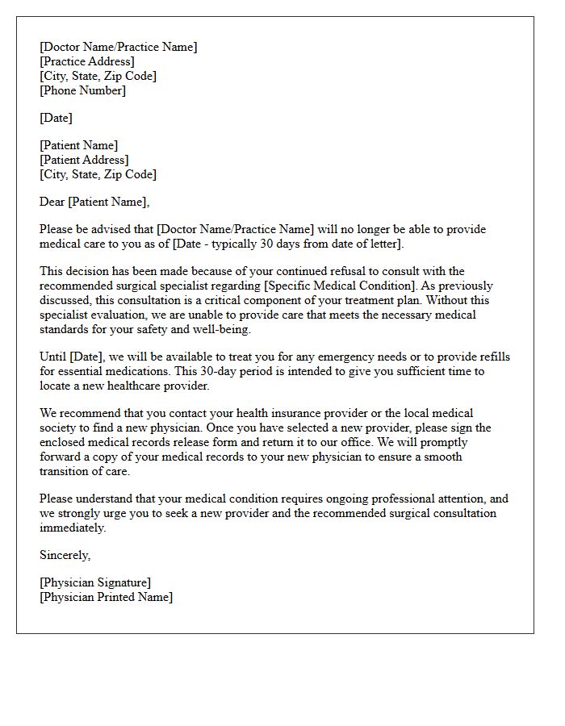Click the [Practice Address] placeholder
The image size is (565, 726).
click(87, 61)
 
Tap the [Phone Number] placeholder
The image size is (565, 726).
click(83, 90)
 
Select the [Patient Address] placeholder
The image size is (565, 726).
click(83, 160)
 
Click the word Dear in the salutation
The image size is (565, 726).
click(52, 202)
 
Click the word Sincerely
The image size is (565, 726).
click(65, 555)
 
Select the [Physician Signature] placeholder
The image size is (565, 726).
click(95, 582)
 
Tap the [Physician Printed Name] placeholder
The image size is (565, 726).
click(106, 597)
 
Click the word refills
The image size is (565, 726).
click(491, 357)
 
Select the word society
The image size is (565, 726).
click(60, 428)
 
